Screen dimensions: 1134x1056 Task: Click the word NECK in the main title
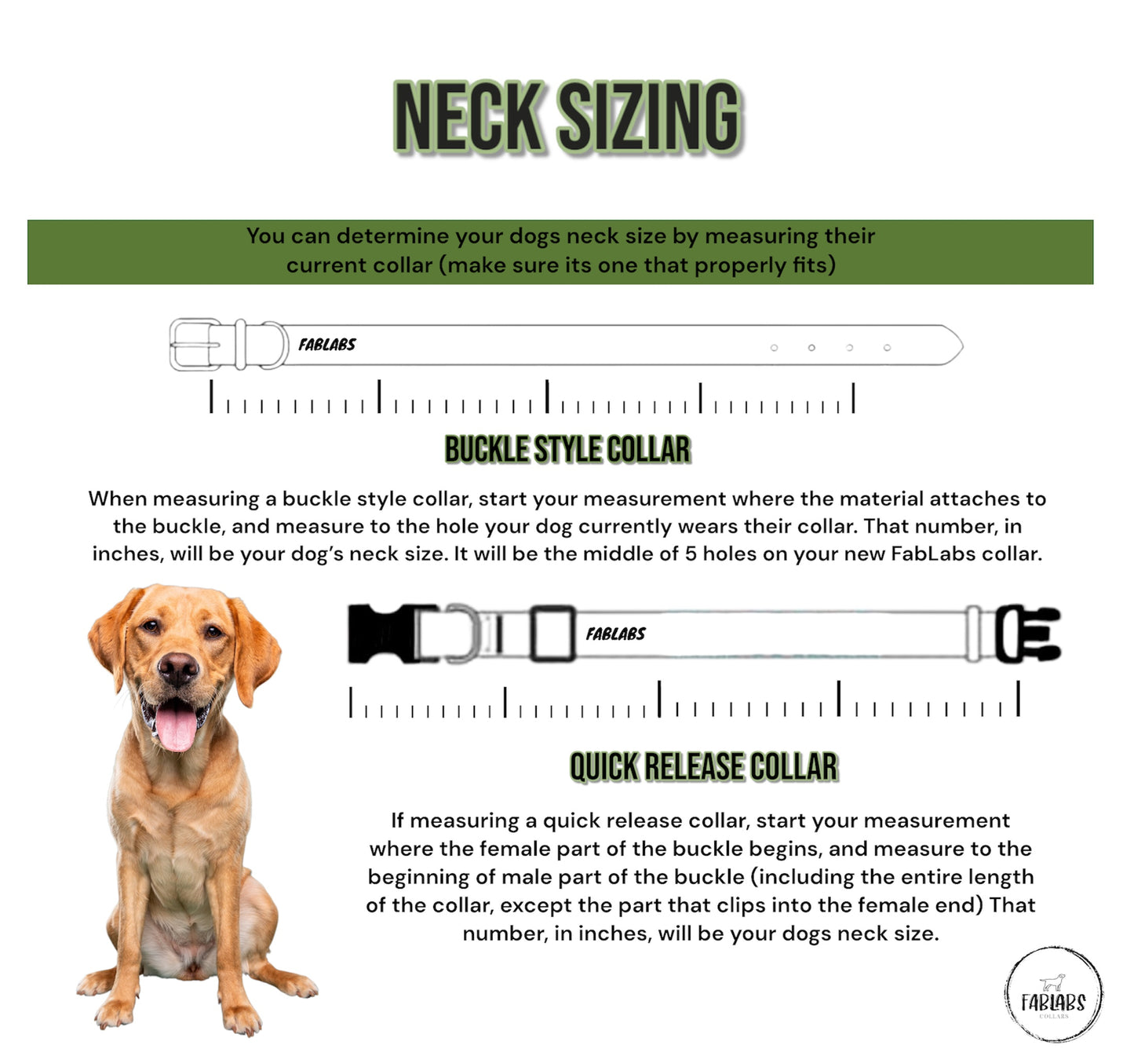tap(469, 117)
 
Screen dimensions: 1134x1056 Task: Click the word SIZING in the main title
tap(650, 117)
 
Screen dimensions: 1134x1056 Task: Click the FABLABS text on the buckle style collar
tap(327, 345)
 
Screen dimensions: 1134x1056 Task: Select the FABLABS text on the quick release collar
tap(615, 634)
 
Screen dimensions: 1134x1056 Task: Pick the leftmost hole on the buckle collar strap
tap(775, 348)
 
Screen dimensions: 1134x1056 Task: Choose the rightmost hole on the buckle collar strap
tap(888, 348)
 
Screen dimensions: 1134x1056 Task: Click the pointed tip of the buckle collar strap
tap(963, 345)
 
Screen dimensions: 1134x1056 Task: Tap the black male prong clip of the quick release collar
tap(1028, 634)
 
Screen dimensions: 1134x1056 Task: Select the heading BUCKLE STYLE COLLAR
tap(567, 449)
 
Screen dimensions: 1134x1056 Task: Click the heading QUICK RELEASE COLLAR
tap(704, 766)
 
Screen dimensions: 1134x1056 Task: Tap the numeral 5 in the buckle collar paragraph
tap(691, 554)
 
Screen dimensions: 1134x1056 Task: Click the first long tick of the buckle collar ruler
tap(211, 396)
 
